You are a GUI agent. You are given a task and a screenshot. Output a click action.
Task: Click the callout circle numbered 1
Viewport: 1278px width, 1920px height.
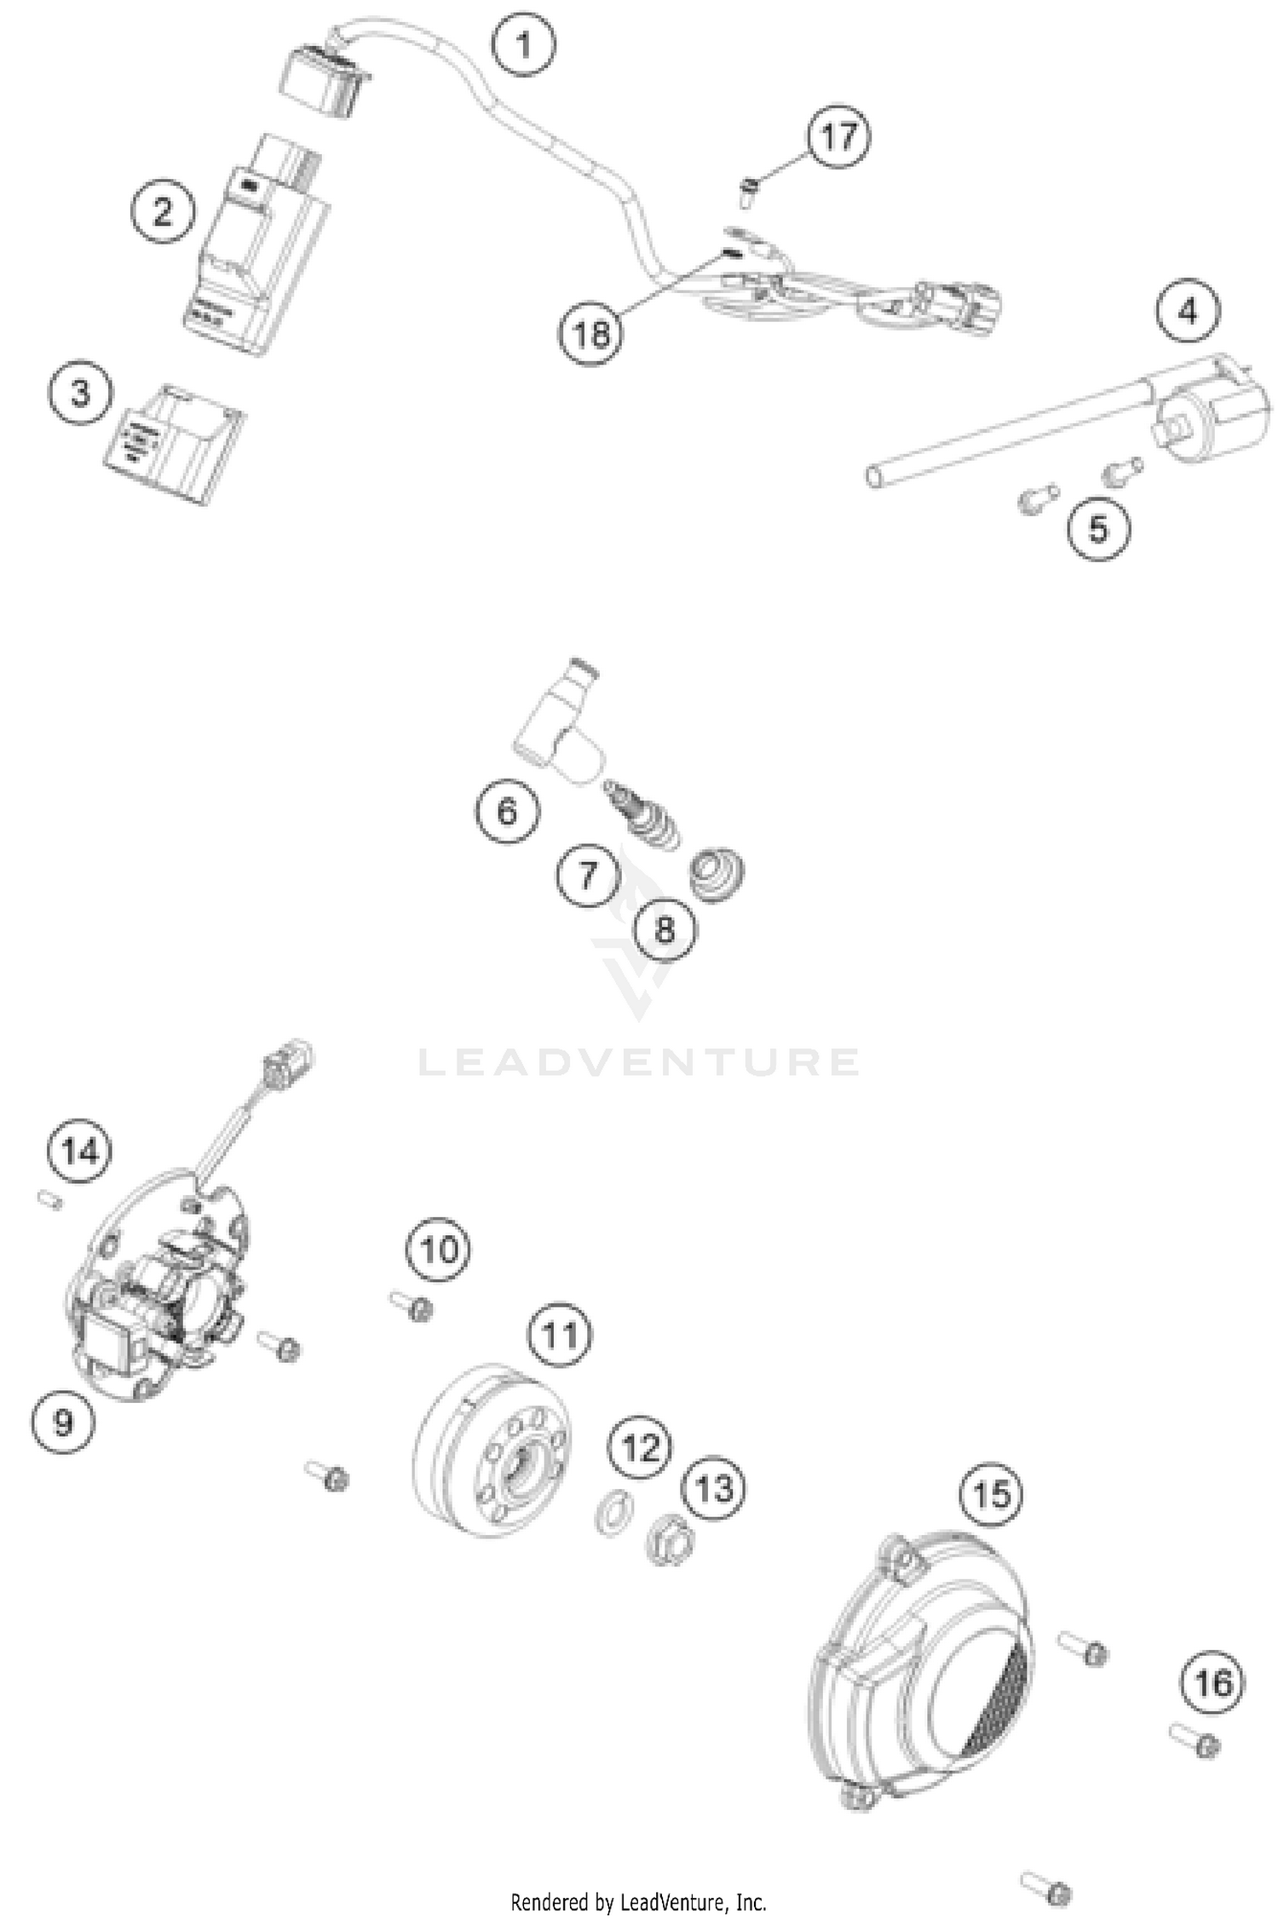tap(524, 44)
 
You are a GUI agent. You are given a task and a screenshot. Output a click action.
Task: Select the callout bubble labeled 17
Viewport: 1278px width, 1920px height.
tap(838, 136)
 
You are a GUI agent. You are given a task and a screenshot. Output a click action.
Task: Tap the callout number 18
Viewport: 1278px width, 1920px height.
tap(590, 333)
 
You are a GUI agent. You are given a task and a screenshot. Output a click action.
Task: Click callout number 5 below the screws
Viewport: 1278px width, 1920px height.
tap(1098, 529)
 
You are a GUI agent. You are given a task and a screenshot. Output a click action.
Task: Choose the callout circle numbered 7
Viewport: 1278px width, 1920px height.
tap(588, 875)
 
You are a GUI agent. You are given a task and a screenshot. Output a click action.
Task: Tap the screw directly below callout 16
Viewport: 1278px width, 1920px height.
tap(1197, 1741)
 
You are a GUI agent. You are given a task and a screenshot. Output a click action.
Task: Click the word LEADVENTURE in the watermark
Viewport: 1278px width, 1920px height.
tap(639, 1062)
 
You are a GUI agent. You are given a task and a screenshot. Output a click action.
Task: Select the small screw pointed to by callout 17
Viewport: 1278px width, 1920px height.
tap(748, 192)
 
